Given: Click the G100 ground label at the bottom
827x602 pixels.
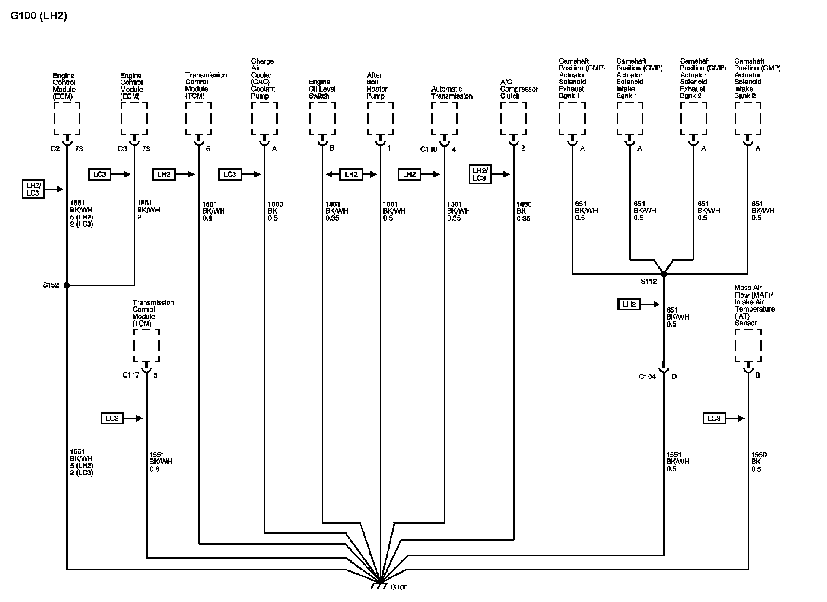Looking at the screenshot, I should point(399,587).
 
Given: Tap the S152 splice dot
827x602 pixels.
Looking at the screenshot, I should point(67,285).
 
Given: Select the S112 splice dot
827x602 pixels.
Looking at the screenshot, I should point(664,274).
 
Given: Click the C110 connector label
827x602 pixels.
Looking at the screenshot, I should point(429,149).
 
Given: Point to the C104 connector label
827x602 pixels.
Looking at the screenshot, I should point(647,376).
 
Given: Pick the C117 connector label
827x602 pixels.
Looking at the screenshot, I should point(131,375).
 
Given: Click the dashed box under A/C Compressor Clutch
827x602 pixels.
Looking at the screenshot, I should point(513,118).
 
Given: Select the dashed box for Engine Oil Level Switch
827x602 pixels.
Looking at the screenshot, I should point(322,118).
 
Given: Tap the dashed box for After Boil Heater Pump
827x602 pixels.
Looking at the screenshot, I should point(380,118).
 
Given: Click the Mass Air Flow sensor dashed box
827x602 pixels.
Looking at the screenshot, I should point(748,346).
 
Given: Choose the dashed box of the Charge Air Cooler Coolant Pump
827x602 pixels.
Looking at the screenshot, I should point(264,118).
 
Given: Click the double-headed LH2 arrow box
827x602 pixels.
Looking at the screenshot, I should point(351,174).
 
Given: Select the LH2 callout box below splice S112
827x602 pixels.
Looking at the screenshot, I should point(629,304).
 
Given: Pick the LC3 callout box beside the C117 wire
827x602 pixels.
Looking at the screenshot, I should point(112,418).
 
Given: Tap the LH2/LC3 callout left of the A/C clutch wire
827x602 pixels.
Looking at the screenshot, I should point(480,174).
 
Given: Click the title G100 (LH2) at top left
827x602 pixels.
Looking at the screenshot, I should point(38,16).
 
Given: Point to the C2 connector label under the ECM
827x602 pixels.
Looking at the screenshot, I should point(55,149).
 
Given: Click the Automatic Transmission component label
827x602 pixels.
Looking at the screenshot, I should point(452,93).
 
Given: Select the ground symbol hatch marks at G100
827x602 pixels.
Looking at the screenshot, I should point(379,587).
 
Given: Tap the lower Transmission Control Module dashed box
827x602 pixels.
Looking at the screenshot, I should point(146,346).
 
